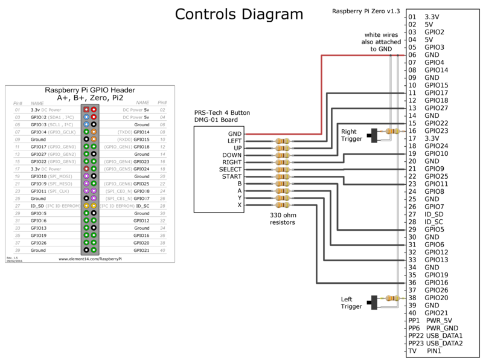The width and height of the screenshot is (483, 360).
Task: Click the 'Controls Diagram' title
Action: (x=238, y=14)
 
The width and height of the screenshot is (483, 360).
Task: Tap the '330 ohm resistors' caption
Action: (x=281, y=218)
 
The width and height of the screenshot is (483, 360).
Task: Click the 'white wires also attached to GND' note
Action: (x=382, y=42)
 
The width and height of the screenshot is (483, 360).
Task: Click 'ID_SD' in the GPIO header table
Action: (x=39, y=205)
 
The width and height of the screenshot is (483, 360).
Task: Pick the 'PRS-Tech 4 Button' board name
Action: (x=222, y=113)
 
